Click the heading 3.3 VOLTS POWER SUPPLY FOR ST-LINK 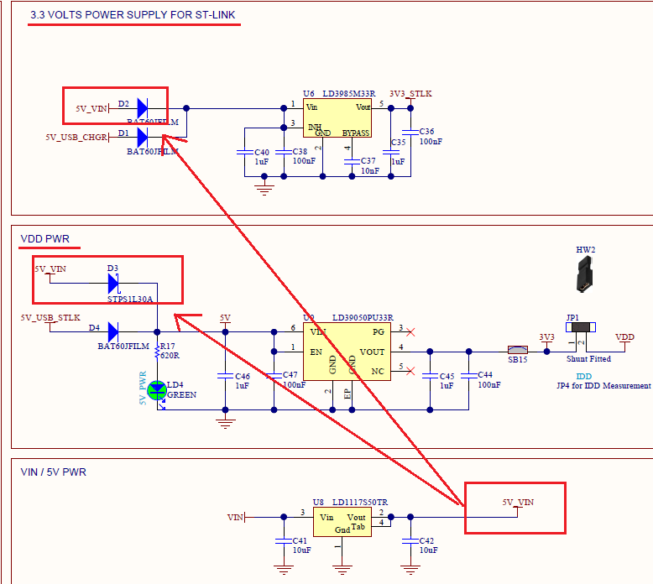coord(133,15)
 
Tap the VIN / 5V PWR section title coord(53,472)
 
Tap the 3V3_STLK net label coord(410,94)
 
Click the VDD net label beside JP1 coord(624,336)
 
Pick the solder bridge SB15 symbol coord(517,351)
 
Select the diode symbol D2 coord(142,107)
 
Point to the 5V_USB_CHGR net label coord(76,137)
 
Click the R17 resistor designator coord(167,346)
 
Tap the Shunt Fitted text coord(588,359)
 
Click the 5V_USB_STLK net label coord(50,318)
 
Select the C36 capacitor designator coord(426,132)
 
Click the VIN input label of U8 coord(236,518)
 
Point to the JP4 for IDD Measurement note coord(603,386)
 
